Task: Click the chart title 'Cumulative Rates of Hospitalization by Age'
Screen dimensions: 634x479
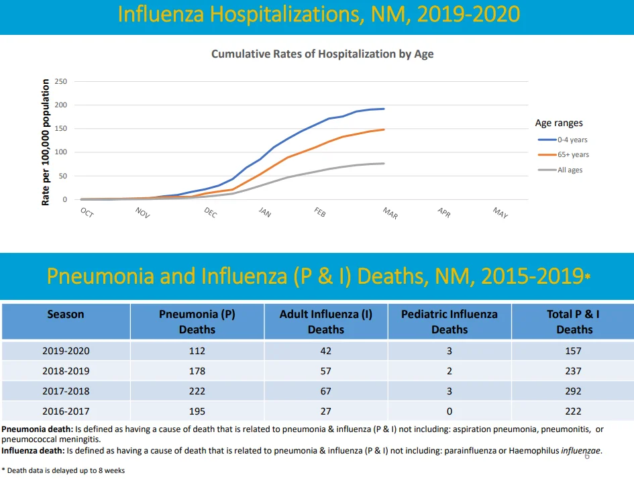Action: [x=322, y=54]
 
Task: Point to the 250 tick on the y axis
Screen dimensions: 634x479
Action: [x=60, y=81]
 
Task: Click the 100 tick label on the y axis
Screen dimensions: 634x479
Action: [x=60, y=152]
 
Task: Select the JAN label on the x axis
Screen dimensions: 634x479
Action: [x=265, y=212]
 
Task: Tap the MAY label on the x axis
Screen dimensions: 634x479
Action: [x=500, y=213]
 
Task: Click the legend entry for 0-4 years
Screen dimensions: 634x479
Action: [x=562, y=140]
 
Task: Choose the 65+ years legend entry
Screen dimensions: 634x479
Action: [x=564, y=154]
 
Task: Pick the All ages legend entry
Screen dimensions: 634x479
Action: [x=560, y=170]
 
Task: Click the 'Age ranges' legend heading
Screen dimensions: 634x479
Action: [x=559, y=123]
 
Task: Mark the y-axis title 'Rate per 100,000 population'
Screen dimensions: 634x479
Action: [x=46, y=142]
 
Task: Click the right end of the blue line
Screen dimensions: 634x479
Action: [x=384, y=109]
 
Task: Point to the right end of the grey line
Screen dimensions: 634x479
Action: [x=384, y=163]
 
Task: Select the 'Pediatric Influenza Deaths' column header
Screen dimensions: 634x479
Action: [x=450, y=322]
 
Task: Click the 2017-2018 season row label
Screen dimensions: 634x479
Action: [x=66, y=391]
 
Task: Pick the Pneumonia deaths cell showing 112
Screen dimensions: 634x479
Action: [x=197, y=351]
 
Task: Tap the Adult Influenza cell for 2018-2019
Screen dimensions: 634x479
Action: [x=326, y=371]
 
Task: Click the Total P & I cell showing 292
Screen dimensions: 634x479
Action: [x=573, y=391]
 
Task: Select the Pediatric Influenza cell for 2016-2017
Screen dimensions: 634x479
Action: [x=450, y=411]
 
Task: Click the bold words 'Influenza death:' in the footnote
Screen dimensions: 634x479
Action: [x=33, y=451]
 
